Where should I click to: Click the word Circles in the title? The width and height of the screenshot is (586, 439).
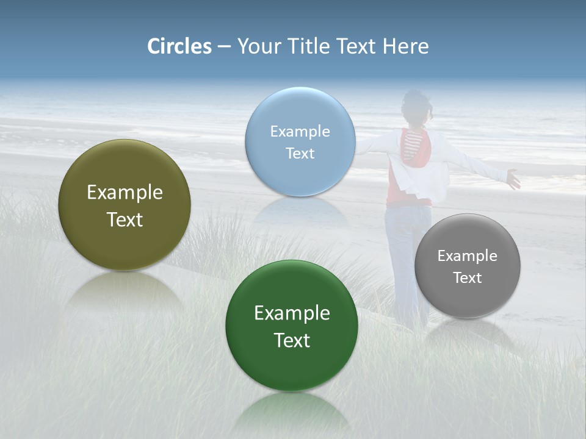click(x=179, y=46)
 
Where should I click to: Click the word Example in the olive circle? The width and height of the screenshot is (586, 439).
click(x=125, y=192)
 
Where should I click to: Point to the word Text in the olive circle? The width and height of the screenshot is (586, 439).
click(x=125, y=220)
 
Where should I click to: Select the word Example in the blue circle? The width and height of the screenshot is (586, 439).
click(x=300, y=131)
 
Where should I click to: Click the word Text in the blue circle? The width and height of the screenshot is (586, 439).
click(x=300, y=153)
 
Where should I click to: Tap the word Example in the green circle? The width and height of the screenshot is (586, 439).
click(x=292, y=313)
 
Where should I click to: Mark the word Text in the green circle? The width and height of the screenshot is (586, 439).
click(x=292, y=340)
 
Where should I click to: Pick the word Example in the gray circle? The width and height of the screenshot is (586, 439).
click(x=468, y=255)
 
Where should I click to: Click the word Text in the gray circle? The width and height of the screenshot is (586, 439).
click(x=468, y=277)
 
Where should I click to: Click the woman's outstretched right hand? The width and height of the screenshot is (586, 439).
click(x=512, y=179)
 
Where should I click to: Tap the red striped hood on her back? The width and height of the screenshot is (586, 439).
click(x=415, y=149)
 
